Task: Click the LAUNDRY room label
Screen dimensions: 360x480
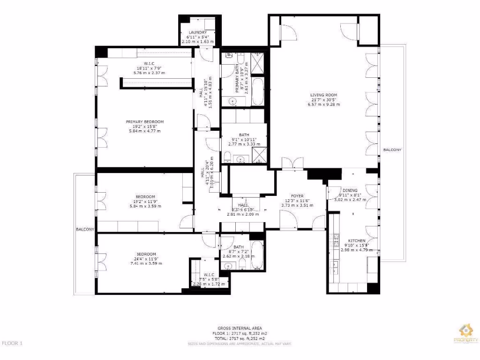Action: tap(197, 32)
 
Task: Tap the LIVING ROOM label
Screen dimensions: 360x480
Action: tap(323, 95)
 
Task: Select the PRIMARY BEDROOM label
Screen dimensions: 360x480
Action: tap(145, 122)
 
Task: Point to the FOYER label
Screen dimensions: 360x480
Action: tap(297, 196)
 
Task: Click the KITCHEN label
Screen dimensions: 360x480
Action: tap(356, 240)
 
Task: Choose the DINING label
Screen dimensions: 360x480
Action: tap(350, 190)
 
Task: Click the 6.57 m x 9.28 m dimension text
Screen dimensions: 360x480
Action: tap(323, 104)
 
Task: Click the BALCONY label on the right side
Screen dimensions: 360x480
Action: tap(392, 150)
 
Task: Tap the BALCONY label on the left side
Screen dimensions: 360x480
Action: tap(85, 230)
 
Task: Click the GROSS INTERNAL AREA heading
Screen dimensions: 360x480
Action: tap(240, 328)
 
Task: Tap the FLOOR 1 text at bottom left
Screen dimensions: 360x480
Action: tap(12, 344)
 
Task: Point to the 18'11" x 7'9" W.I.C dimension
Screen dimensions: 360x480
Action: tap(150, 68)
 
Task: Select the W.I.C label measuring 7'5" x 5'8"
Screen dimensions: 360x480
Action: tap(209, 275)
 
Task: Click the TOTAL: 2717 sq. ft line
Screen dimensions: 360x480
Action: tap(240, 338)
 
